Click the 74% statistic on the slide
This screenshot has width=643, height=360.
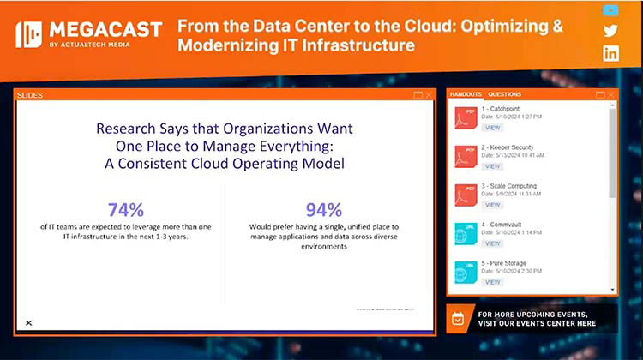[125, 209]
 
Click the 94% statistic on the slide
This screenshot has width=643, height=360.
[323, 209]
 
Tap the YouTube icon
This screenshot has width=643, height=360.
[610, 10]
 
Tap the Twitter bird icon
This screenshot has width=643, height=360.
[610, 32]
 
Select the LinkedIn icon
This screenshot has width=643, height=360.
[610, 53]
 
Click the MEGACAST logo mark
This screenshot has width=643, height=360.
[28, 34]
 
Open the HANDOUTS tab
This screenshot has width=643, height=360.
[466, 94]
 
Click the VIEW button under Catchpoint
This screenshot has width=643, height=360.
[492, 128]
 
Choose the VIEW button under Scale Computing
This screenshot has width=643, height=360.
[492, 205]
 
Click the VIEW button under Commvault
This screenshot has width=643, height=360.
[492, 243]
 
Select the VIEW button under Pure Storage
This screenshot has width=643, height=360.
[492, 282]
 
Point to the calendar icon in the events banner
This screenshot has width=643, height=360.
[458, 319]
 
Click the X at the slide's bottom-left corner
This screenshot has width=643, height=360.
[28, 322]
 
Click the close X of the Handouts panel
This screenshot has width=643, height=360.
[611, 94]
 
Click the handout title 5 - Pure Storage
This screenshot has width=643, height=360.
[509, 263]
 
